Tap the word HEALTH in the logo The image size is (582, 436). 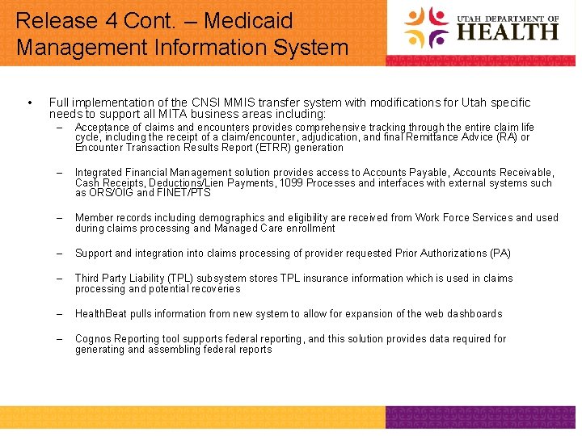[x=508, y=32]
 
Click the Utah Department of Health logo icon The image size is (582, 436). [x=426, y=27]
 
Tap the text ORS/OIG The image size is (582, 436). [x=111, y=193]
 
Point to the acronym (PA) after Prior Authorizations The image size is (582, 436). [x=500, y=254]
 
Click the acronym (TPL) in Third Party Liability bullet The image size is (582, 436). [x=171, y=279]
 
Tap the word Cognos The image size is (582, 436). [x=93, y=339]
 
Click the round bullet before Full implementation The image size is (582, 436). [x=29, y=103]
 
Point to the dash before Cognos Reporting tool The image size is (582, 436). [x=59, y=339]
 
